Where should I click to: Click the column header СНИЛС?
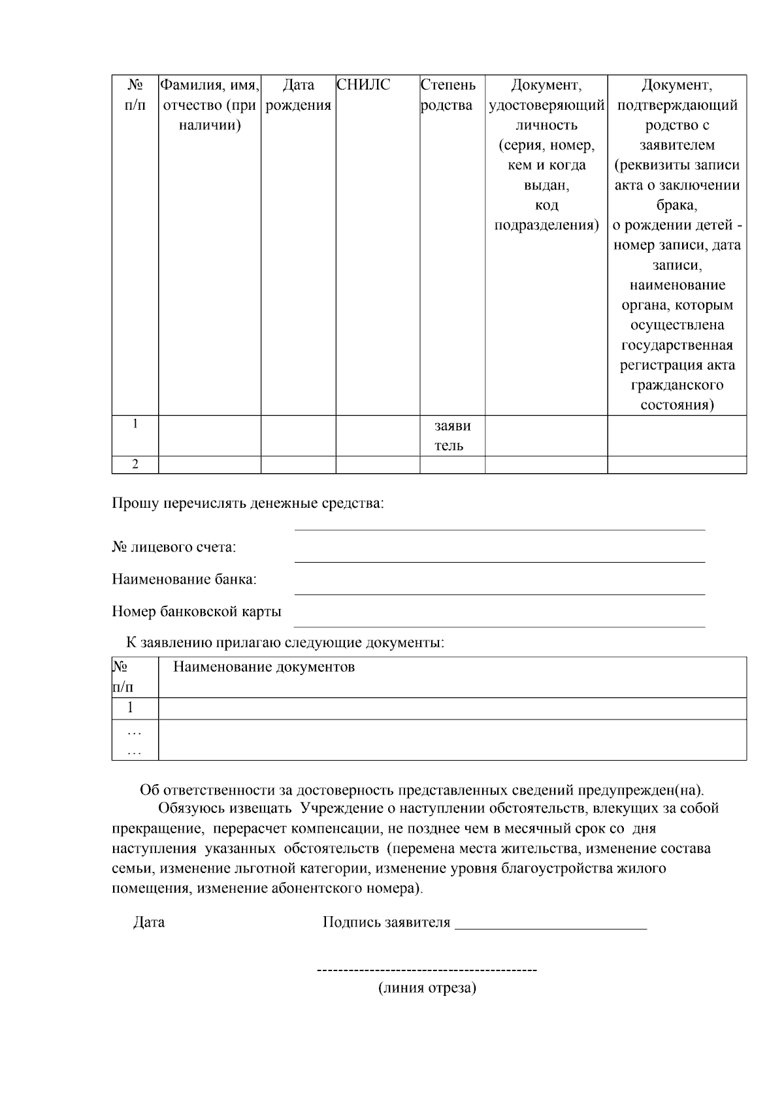[363, 85]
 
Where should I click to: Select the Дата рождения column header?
[299, 95]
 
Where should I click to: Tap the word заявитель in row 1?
[452, 436]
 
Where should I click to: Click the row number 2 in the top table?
[135, 465]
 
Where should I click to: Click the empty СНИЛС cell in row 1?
[378, 436]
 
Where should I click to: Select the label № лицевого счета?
[174, 548]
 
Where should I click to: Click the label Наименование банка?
[184, 580]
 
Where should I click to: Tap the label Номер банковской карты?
[197, 612]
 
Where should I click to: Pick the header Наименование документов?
[264, 667]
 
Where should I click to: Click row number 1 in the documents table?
[131, 708]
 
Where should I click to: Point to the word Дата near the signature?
[149, 923]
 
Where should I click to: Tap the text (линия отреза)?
[427, 988]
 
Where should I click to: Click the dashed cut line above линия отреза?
[427, 970]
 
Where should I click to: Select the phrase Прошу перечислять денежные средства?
[248, 504]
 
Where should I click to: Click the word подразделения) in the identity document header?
[546, 225]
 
